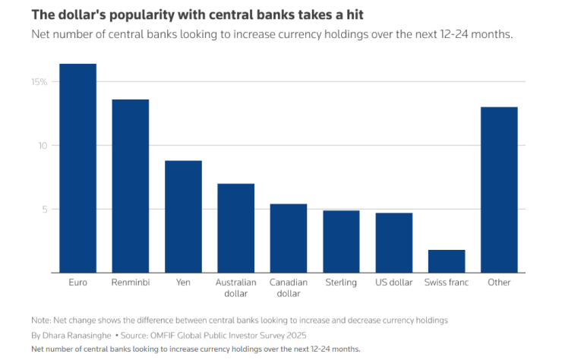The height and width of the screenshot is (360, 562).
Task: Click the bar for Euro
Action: [x=77, y=168]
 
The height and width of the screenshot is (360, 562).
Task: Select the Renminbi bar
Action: [x=130, y=186]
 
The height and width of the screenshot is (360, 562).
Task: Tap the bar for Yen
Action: [x=183, y=216]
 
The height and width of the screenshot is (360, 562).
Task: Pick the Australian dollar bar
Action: [x=235, y=228]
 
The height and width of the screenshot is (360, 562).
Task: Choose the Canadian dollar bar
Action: [x=289, y=238]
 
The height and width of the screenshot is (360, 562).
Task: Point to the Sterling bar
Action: [x=341, y=242]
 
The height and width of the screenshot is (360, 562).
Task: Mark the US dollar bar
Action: [x=393, y=242]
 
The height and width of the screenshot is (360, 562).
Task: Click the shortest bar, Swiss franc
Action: [x=447, y=261]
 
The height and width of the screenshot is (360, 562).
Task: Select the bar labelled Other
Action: [x=499, y=190]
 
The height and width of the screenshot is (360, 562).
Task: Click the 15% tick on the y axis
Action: [x=39, y=82]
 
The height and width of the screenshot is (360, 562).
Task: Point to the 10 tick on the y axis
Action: [x=42, y=146]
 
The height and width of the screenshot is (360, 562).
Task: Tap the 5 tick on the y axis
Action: [x=44, y=209]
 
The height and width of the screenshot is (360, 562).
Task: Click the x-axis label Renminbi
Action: [x=130, y=283]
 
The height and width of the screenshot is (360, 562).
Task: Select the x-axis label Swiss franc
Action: [x=447, y=283]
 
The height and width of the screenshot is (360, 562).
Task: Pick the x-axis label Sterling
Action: [x=341, y=283]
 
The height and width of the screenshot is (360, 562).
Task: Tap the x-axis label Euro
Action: [x=77, y=283]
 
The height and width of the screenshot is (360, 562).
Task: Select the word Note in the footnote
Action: [x=40, y=321]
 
